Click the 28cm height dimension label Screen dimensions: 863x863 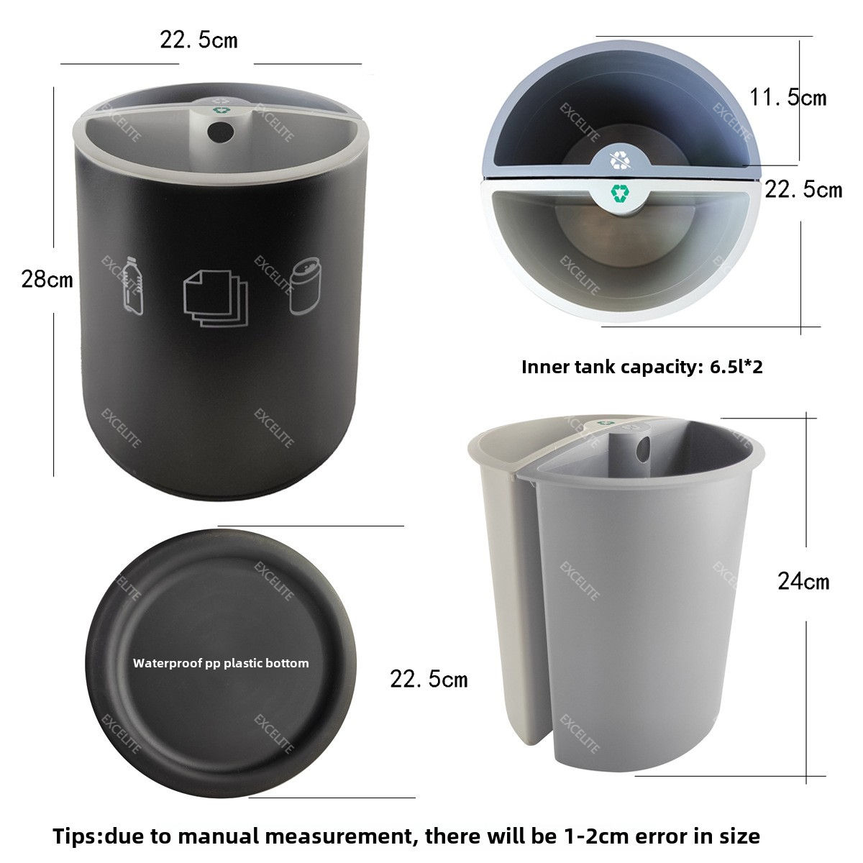47,280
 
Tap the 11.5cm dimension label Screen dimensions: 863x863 787,97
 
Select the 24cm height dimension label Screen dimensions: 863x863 803,582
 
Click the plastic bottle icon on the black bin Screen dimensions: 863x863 133,286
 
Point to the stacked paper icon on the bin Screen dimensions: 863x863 216,298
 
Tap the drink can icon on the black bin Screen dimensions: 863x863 305,286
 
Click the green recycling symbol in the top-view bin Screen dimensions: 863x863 620,193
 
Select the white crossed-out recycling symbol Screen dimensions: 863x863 620,160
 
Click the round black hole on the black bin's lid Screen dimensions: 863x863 220,131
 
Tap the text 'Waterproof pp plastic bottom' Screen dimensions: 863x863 221,663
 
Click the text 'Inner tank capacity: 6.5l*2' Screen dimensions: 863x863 641,367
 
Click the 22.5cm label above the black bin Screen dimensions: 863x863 198,40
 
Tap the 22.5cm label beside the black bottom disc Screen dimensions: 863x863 429,679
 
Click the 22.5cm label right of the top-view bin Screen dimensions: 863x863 803,189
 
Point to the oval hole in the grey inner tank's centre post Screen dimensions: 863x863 643,449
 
